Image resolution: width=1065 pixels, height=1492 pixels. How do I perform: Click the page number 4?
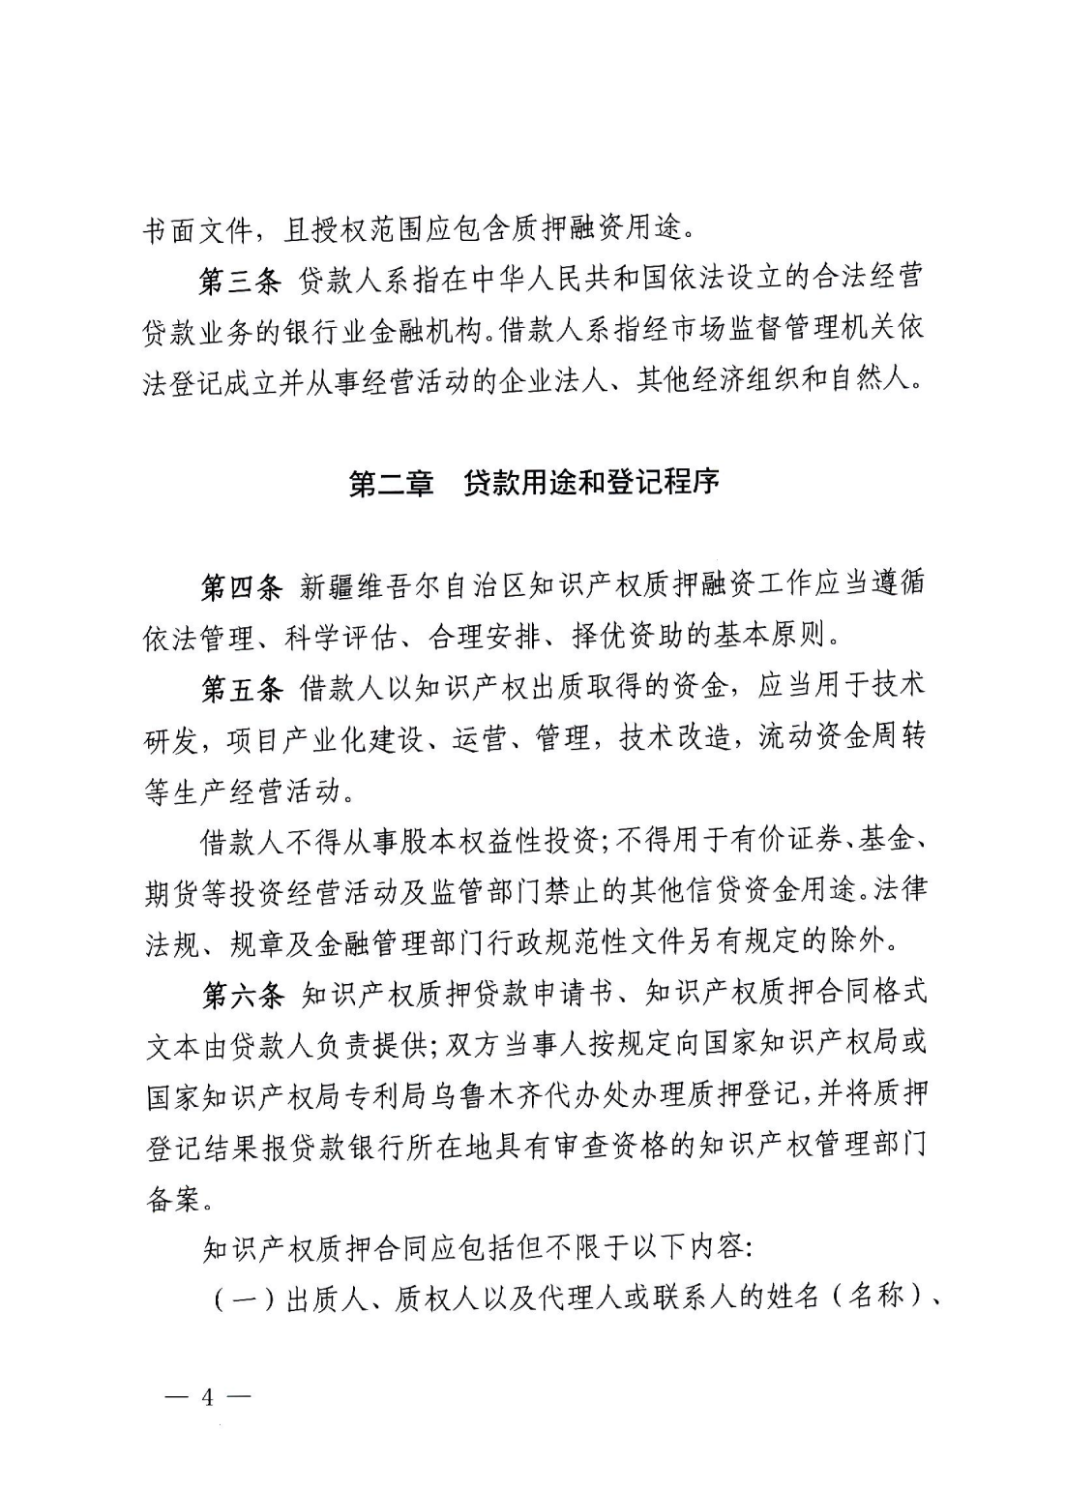[206, 1399]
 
